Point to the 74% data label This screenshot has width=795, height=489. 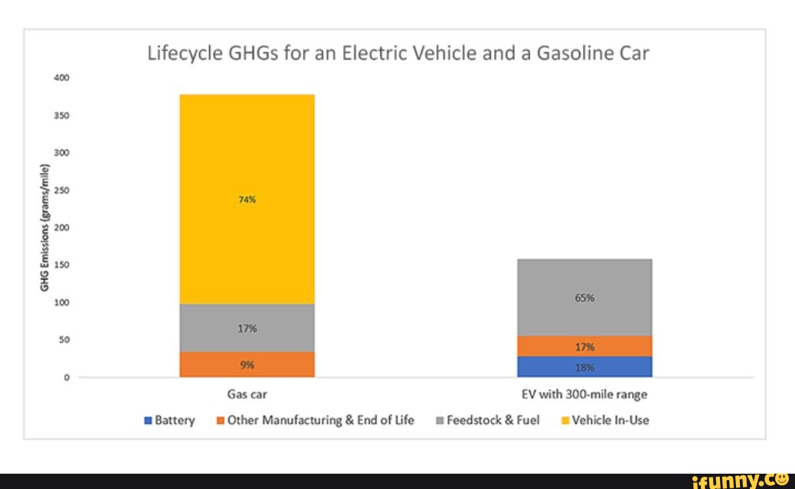tap(247, 200)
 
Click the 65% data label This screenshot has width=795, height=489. tap(584, 299)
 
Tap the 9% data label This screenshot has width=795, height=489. tap(247, 365)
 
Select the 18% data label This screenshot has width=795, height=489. tap(584, 367)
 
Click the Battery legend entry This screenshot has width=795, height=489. tap(169, 420)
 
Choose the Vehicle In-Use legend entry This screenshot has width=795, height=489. tap(605, 420)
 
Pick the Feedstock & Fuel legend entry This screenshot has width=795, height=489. tap(487, 420)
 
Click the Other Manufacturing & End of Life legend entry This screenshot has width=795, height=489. tap(315, 420)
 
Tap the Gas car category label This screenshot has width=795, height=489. tap(247, 396)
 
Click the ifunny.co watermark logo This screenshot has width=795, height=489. tap(740, 481)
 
